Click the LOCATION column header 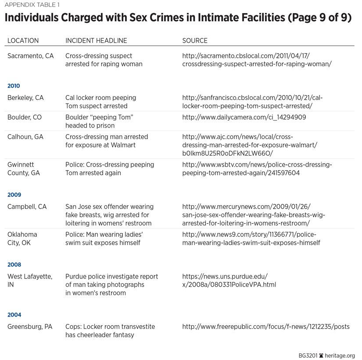pyautogui.click(x=23, y=40)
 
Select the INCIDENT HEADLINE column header pyautogui.click(x=96, y=40)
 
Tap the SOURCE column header pyautogui.click(x=195, y=40)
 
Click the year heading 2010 pyautogui.click(x=14, y=86)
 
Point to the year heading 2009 pyautogui.click(x=14, y=195)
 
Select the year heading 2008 pyautogui.click(x=14, y=264)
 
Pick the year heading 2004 pyautogui.click(x=14, y=315)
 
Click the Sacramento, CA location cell pyautogui.click(x=31, y=56)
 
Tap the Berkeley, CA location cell pyautogui.click(x=25, y=98)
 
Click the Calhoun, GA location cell pyautogui.click(x=25, y=137)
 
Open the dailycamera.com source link pyautogui.click(x=244, y=118)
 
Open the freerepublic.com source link pyautogui.click(x=266, y=327)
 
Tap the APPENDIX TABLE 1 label pyautogui.click(x=31, y=6)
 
